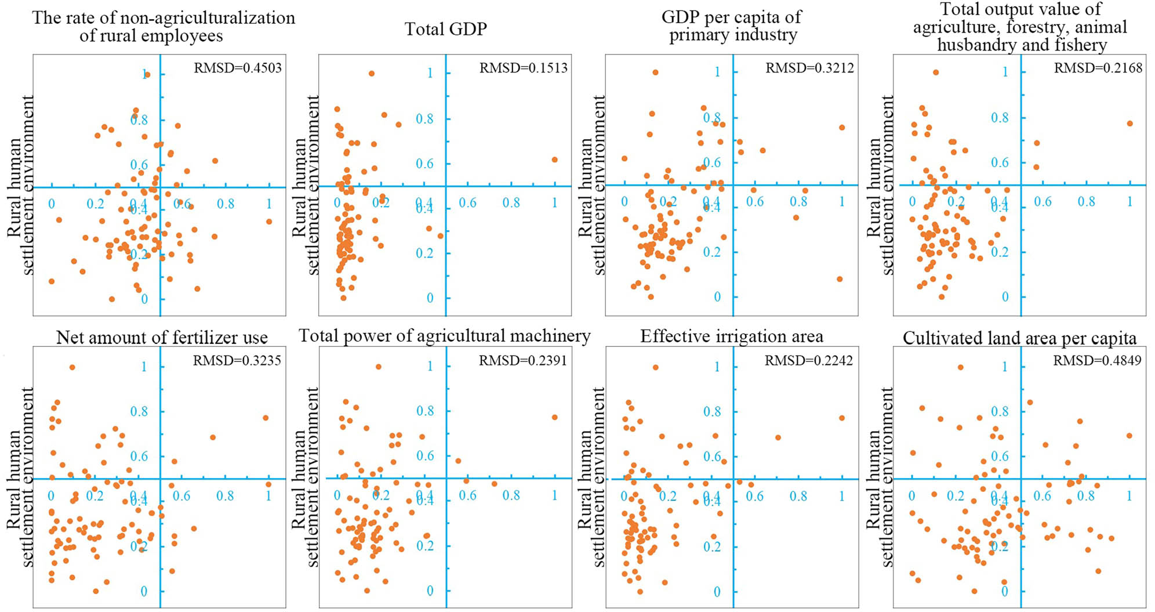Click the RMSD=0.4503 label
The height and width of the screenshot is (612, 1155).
(237, 68)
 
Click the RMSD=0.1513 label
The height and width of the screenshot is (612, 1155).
(523, 68)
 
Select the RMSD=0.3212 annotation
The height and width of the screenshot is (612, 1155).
(809, 68)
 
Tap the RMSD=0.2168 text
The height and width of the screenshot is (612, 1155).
(1098, 68)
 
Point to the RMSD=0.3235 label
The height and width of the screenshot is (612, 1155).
(237, 361)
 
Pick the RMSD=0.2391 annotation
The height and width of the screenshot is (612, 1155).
(522, 361)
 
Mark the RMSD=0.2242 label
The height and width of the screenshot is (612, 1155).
(808, 361)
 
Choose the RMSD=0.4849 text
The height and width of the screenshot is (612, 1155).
(1097, 361)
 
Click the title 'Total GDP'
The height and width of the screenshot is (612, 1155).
(445, 29)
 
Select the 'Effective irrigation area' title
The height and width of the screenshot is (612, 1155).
(731, 336)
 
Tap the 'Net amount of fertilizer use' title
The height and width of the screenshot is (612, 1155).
(162, 338)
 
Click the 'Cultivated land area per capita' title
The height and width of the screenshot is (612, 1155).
(1019, 338)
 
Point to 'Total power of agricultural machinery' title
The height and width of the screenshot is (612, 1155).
(445, 336)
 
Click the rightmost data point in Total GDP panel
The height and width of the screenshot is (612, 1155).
(555, 160)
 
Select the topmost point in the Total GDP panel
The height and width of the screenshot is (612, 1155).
(372, 74)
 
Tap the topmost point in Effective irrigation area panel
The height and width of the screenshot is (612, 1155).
(656, 367)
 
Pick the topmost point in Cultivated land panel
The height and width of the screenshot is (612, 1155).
(960, 367)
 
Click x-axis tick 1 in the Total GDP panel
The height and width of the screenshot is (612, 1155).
(555, 202)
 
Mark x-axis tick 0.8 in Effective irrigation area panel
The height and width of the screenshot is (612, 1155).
(798, 496)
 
